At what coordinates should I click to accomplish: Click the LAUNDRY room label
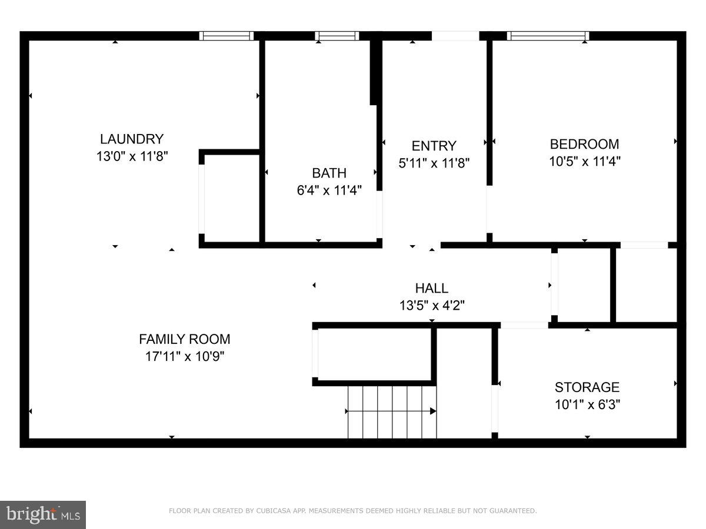131,139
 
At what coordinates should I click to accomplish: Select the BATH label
329,173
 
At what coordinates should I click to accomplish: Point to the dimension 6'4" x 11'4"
329,190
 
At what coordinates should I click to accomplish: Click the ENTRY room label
434,146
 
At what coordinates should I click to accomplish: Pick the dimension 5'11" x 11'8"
434,163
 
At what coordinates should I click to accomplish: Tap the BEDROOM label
584,144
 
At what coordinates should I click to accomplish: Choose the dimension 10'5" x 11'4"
584,161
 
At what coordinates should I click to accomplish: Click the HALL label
431,288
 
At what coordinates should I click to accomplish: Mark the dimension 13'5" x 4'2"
431,305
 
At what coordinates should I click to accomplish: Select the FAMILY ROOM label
184,339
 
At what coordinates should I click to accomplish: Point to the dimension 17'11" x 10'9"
184,356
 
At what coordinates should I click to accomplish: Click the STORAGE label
587,387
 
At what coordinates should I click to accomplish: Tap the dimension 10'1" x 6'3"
587,404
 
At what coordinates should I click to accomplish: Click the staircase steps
392,411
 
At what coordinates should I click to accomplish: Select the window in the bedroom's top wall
548,36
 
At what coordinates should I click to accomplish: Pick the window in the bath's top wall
337,36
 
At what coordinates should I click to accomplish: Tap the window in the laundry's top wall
227,36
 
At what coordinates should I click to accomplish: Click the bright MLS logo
43,515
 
